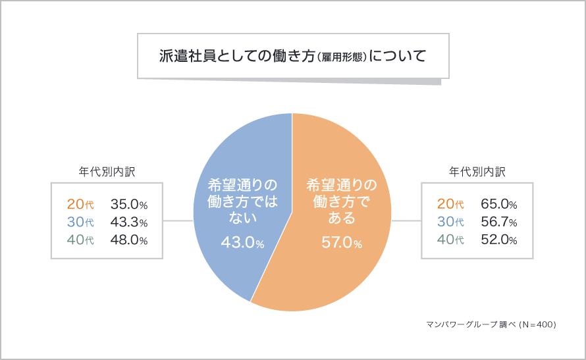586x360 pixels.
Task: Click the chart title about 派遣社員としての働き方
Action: point(292,55)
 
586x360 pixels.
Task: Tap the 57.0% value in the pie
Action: point(341,244)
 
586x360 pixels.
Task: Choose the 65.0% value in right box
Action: point(498,203)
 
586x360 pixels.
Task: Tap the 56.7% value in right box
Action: point(498,222)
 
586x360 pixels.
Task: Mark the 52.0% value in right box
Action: point(498,240)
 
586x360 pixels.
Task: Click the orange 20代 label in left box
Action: point(80,203)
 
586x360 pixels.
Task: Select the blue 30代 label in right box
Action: point(450,222)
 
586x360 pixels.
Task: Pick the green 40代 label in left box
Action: point(80,240)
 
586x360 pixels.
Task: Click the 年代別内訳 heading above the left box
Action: point(107,172)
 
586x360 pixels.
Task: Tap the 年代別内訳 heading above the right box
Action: point(477,172)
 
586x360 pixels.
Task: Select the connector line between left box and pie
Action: point(177,221)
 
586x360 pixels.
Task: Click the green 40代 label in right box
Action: point(450,240)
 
